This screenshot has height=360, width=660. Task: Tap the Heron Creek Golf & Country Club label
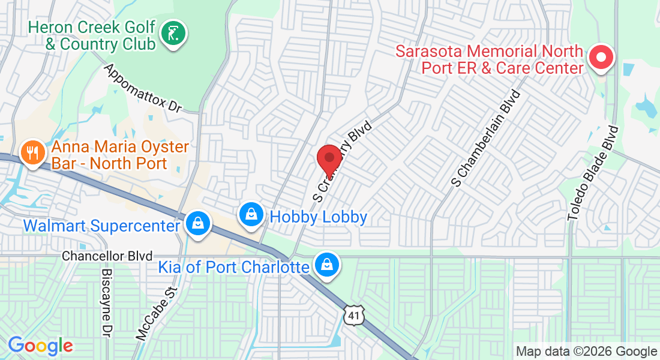point(92,36)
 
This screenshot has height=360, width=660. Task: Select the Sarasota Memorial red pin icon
point(601,58)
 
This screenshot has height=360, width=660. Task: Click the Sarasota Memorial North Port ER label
point(489,59)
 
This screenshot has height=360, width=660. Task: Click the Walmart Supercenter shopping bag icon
point(197,223)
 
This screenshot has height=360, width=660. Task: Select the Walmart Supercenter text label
point(102,226)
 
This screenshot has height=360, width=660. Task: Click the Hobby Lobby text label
point(319,217)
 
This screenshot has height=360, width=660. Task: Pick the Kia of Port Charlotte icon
point(327,265)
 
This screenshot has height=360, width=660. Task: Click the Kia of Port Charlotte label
point(233,266)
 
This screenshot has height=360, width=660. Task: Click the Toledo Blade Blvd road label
point(593,173)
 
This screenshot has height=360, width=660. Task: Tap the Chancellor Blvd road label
point(107,256)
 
